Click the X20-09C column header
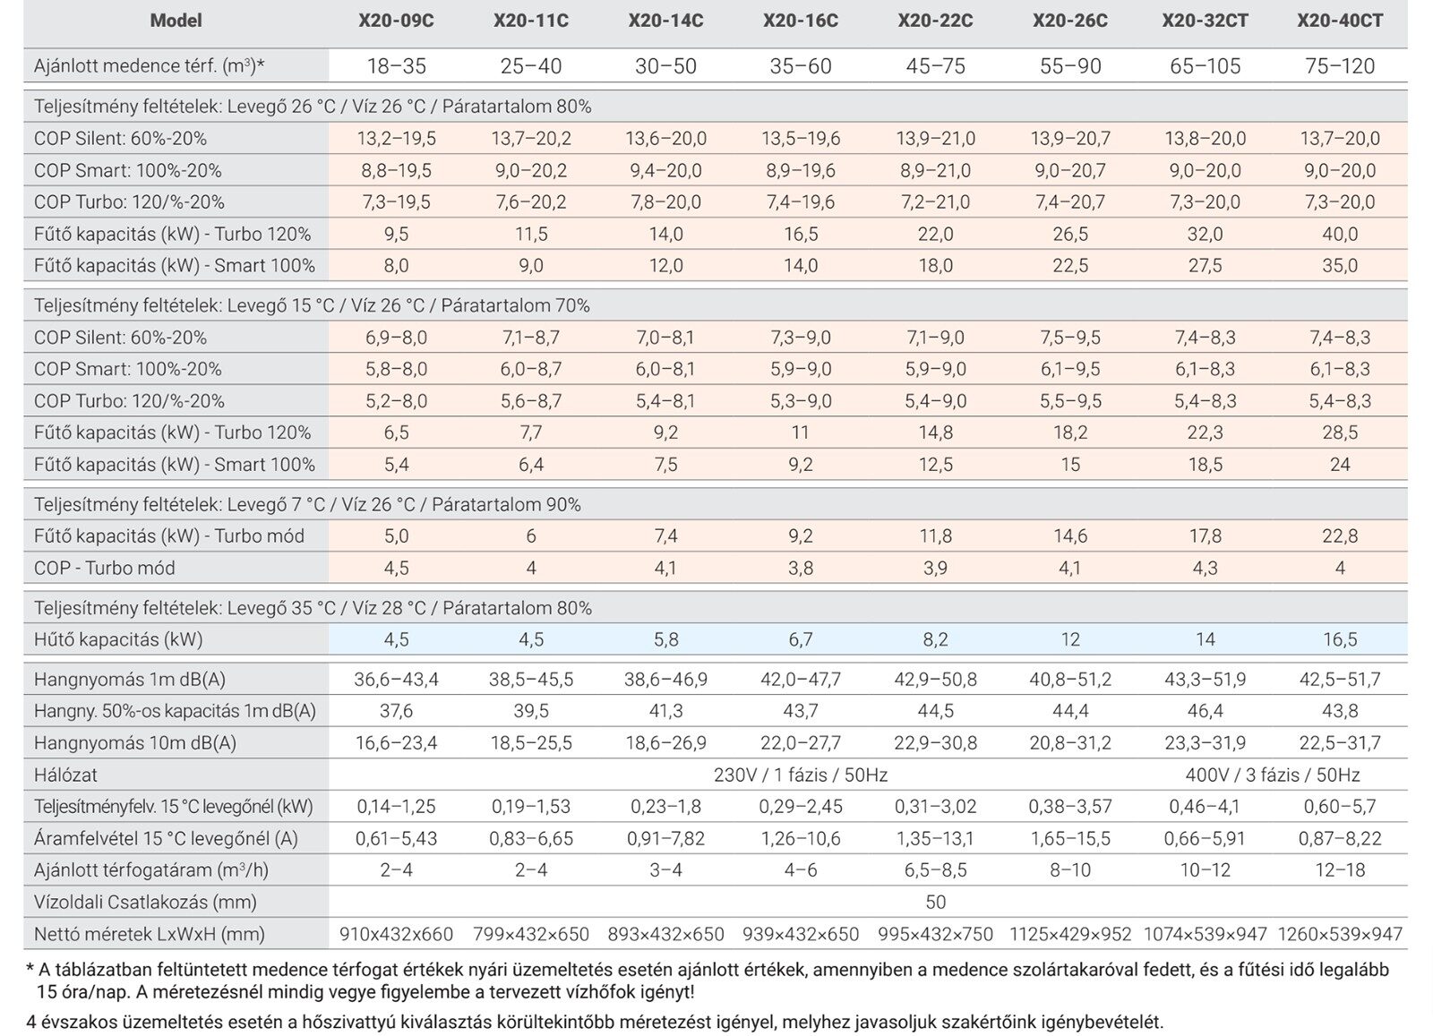[396, 21]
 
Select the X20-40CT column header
[1340, 21]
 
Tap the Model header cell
[176, 21]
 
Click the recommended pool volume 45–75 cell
[935, 65]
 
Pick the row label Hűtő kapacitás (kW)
[118, 639]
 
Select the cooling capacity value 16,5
[1340, 639]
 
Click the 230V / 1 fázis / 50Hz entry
[800, 775]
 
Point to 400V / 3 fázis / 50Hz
[1273, 775]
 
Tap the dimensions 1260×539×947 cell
[1340, 934]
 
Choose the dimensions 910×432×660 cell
[396, 934]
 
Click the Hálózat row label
[65, 775]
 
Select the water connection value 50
[935, 902]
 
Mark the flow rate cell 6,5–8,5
[935, 869]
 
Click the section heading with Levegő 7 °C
[307, 504]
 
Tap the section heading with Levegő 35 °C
[313, 608]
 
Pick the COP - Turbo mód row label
[105, 568]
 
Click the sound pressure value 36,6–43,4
[396, 679]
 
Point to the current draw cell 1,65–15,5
[1069, 838]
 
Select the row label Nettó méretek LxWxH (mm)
[149, 934]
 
